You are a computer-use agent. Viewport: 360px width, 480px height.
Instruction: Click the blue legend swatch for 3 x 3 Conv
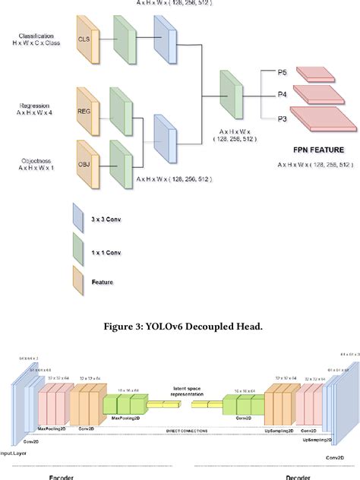tap(78, 219)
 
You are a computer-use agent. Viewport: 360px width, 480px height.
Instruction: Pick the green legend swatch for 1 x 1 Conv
tap(78, 248)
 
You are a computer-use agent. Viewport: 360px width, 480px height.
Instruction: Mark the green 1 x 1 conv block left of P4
tap(230, 94)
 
